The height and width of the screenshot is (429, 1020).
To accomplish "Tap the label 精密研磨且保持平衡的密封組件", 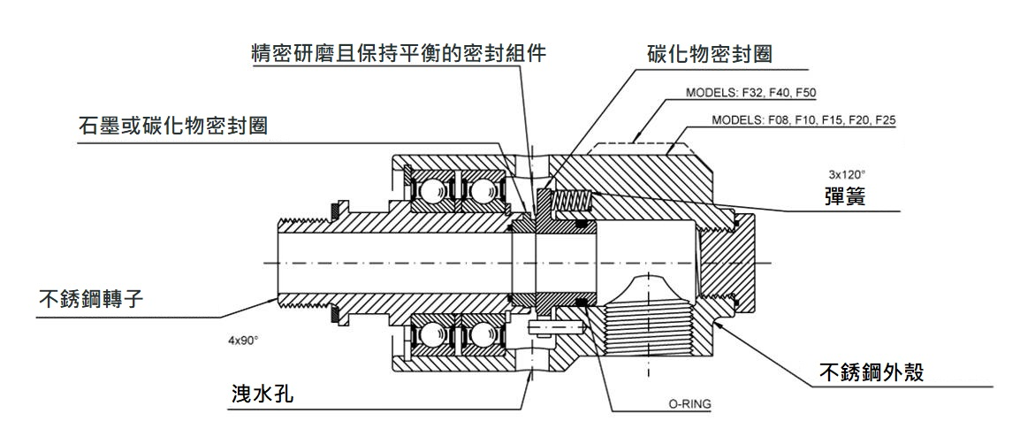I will (x=398, y=52).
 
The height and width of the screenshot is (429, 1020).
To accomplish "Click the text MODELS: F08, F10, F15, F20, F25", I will (x=804, y=119).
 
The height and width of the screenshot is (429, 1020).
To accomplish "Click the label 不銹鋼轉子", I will (x=89, y=296).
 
